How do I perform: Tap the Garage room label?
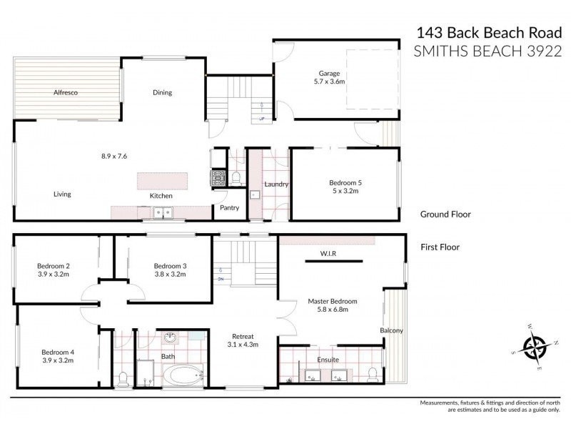pyautogui.click(x=329, y=77)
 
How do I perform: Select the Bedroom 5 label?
pyautogui.click(x=343, y=186)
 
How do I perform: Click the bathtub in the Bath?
pyautogui.click(x=183, y=375)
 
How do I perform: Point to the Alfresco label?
pyautogui.click(x=65, y=93)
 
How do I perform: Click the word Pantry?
pyautogui.click(x=229, y=208)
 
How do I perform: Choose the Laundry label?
pyautogui.click(x=276, y=184)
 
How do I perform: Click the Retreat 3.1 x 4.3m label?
pyautogui.click(x=243, y=340)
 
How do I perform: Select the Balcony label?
pyautogui.click(x=391, y=330)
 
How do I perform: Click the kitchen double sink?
pyautogui.click(x=162, y=212)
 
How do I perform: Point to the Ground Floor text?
pyautogui.click(x=445, y=214)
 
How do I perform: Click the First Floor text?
pyautogui.click(x=440, y=247)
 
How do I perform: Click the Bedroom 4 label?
pyautogui.click(x=57, y=355)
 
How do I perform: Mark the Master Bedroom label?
pyautogui.click(x=333, y=305)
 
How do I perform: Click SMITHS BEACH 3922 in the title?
pyautogui.click(x=487, y=51)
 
